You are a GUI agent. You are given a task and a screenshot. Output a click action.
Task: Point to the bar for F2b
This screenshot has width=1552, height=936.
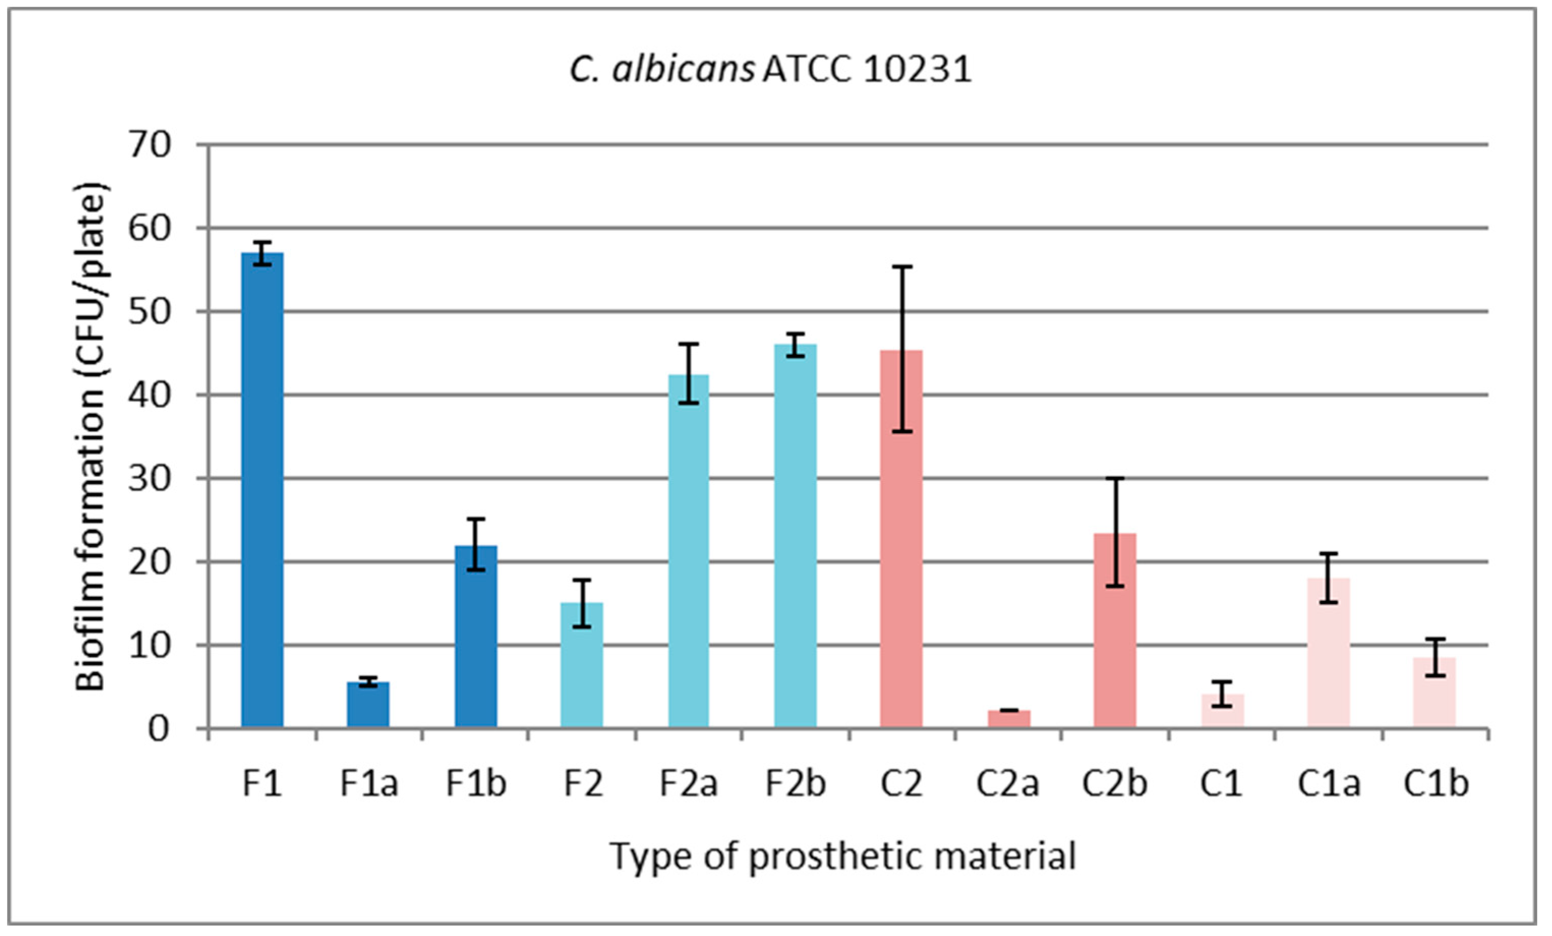point(795,535)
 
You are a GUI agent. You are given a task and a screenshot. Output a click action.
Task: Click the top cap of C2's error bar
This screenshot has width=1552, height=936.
point(902,267)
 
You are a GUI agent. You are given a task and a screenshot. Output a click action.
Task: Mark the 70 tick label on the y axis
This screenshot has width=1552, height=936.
point(150,145)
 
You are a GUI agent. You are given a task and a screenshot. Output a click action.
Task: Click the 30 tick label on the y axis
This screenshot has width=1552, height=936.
point(150,479)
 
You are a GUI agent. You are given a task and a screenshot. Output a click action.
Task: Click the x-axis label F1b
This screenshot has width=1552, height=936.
point(475,784)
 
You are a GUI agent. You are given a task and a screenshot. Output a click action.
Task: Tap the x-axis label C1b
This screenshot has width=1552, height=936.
point(1436,784)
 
